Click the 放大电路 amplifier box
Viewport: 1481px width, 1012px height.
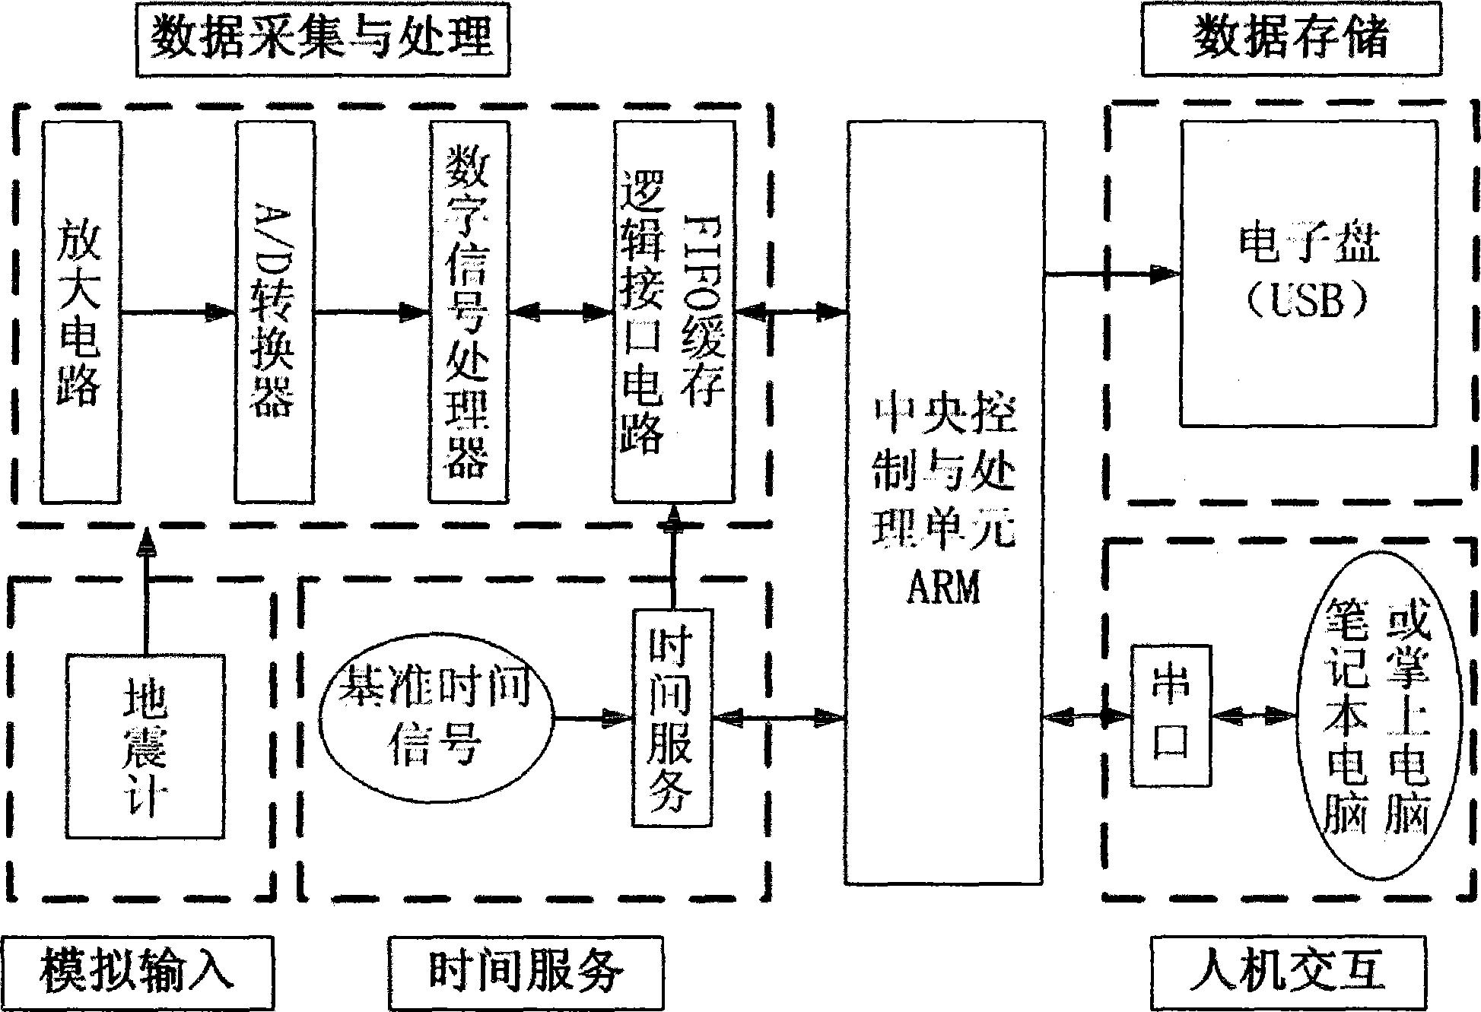click(81, 312)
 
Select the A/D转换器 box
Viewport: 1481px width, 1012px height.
click(275, 312)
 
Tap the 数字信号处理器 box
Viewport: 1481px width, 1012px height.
click(468, 312)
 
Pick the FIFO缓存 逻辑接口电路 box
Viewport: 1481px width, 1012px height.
click(674, 312)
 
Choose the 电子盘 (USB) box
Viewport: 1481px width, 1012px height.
click(1308, 274)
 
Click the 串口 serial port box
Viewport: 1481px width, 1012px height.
click(1170, 715)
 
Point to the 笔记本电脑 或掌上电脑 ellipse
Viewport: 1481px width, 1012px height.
click(1378, 715)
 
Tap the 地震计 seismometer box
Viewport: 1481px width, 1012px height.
click(145, 745)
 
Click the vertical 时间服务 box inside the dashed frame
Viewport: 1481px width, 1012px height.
click(672, 717)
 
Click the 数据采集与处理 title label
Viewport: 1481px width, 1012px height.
click(323, 38)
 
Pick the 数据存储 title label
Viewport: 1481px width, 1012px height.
click(1291, 38)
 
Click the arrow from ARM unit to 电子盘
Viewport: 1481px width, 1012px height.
click(1111, 274)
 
